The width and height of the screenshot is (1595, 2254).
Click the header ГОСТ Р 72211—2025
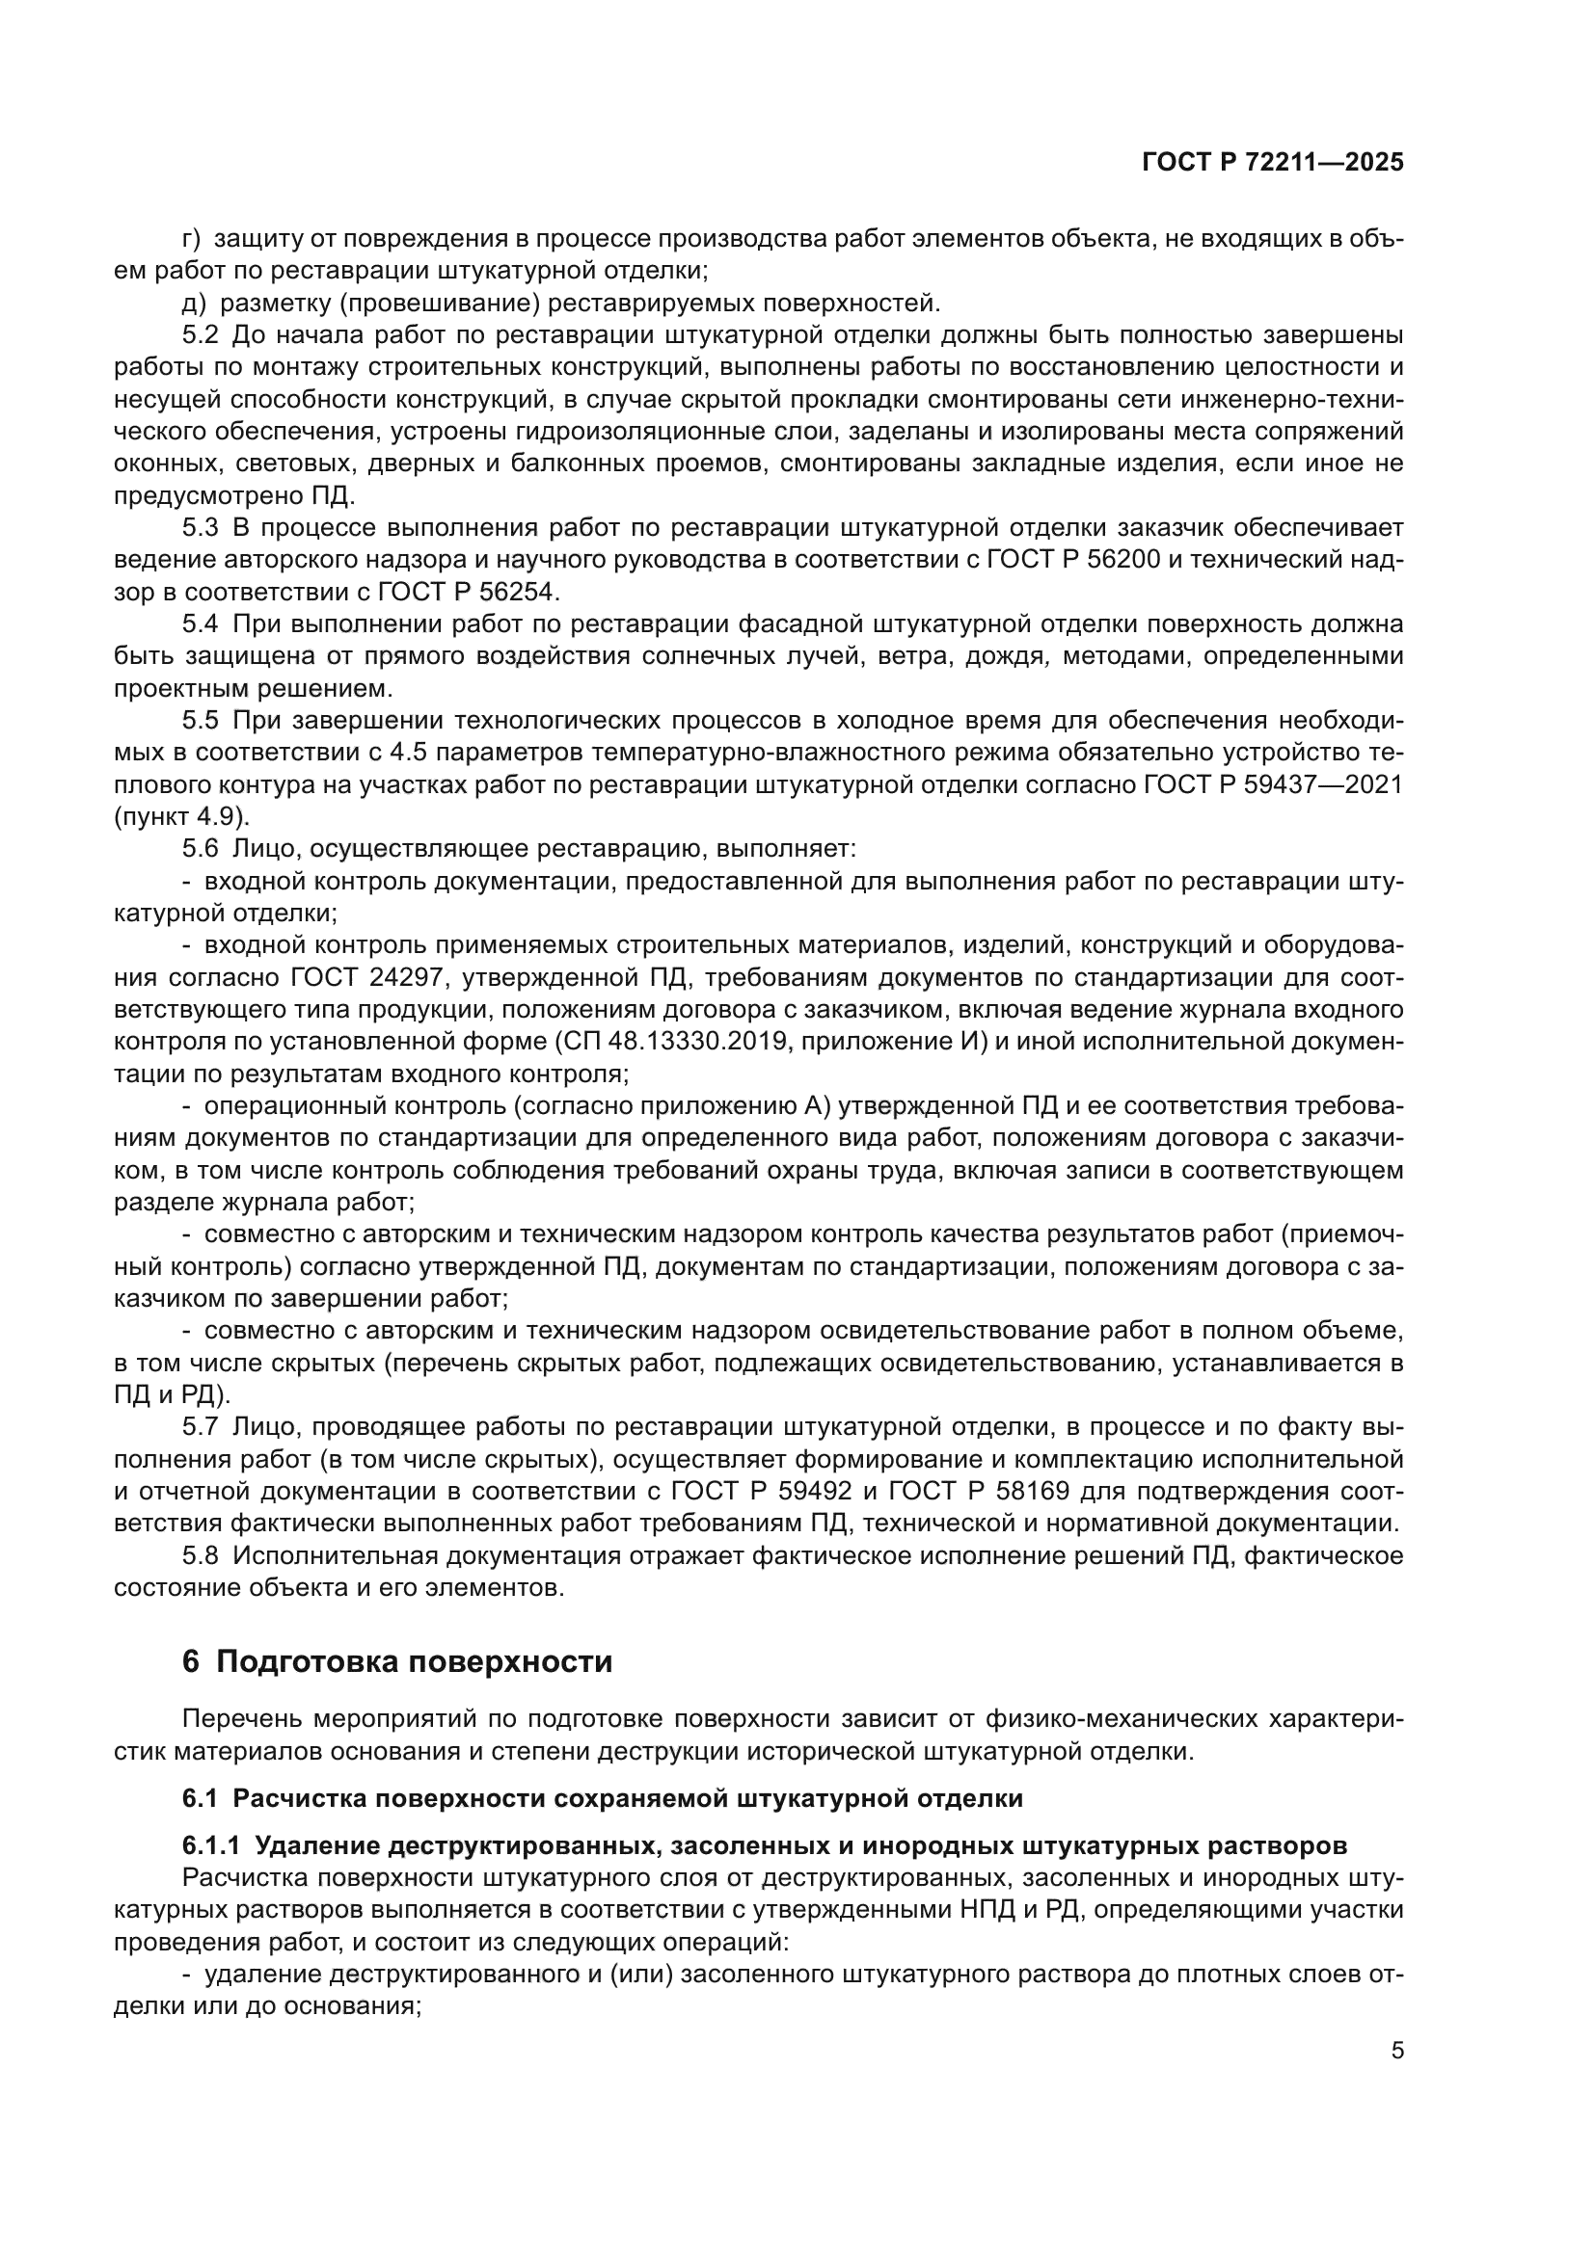click(1273, 163)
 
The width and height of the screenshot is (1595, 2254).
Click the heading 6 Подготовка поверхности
click(396, 1662)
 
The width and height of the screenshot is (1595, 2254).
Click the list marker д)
click(194, 303)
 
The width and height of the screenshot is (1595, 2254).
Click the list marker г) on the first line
click(192, 239)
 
